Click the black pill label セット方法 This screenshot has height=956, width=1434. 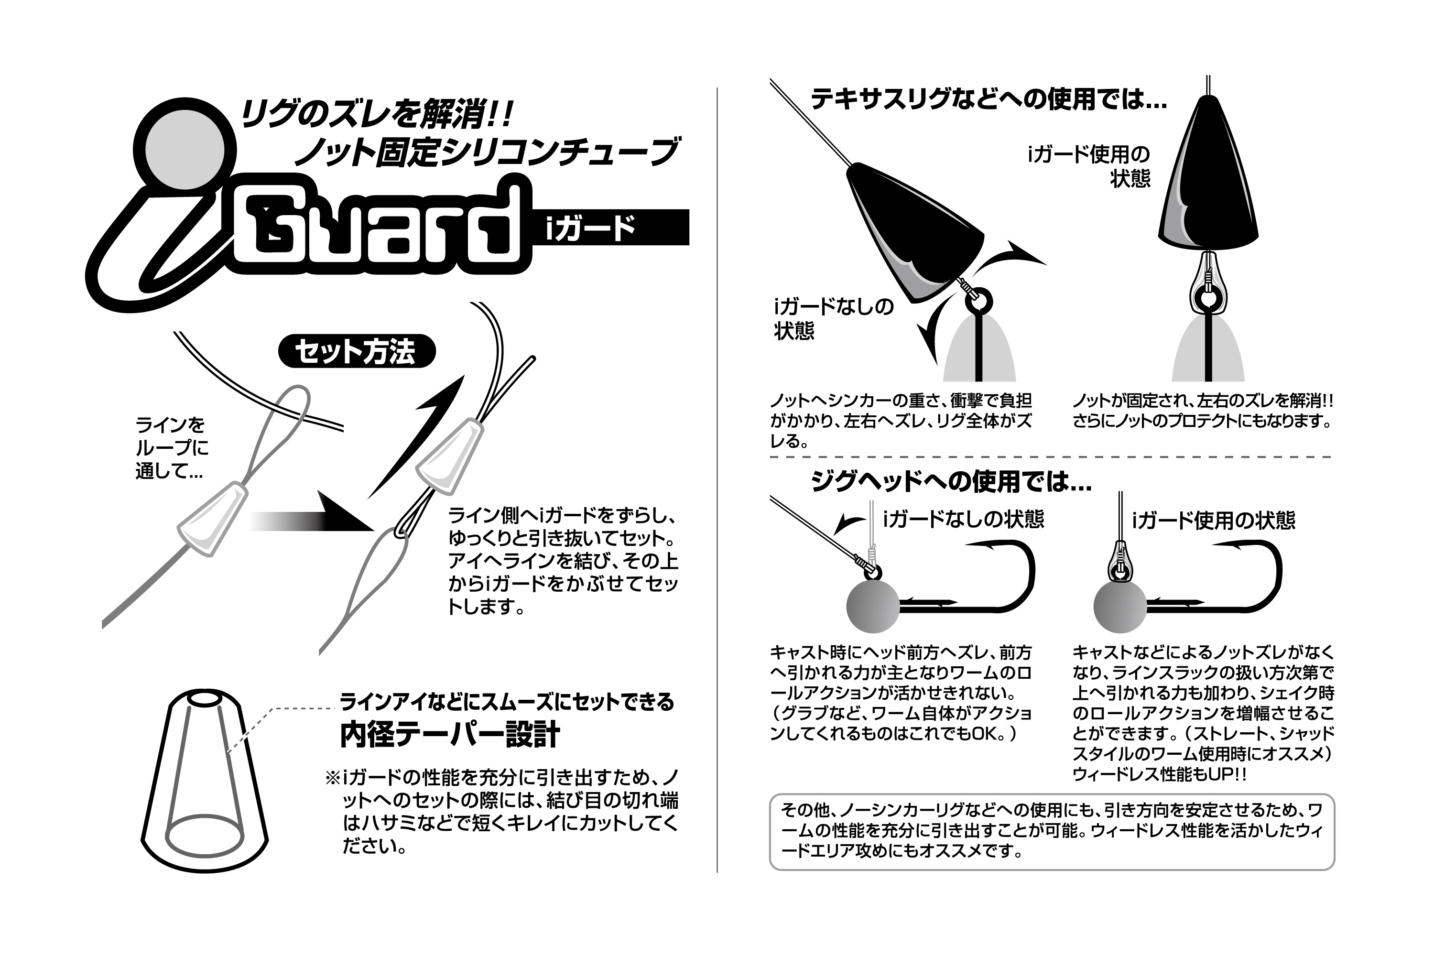tap(356, 351)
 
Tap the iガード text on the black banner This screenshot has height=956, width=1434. tap(590, 228)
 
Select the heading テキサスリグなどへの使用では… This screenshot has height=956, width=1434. tap(988, 99)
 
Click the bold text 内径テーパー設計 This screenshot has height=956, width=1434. tap(449, 735)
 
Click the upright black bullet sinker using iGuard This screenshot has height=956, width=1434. tap(1207, 177)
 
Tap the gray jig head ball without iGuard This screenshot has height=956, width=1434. tap(873, 606)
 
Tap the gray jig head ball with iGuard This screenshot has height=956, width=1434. tap(1120, 607)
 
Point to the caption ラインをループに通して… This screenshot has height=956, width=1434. tap(171, 448)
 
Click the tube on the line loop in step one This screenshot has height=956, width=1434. tap(212, 518)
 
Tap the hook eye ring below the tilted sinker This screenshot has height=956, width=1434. tap(978, 302)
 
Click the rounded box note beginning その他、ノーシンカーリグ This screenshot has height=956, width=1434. tap(1051, 831)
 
